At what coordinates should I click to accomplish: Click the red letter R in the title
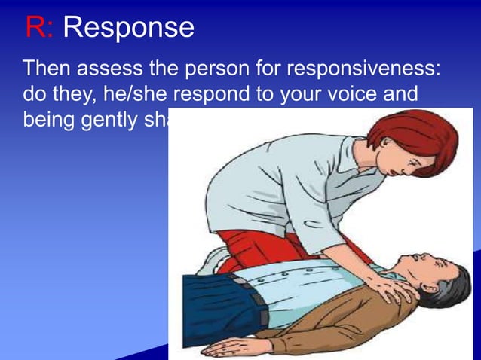pos(35,28)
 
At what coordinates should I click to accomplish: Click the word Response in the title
pos(128,29)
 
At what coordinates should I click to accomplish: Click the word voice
pos(335,95)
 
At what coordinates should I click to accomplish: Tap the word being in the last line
pos(46,121)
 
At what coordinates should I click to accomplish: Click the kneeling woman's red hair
pos(422,136)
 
